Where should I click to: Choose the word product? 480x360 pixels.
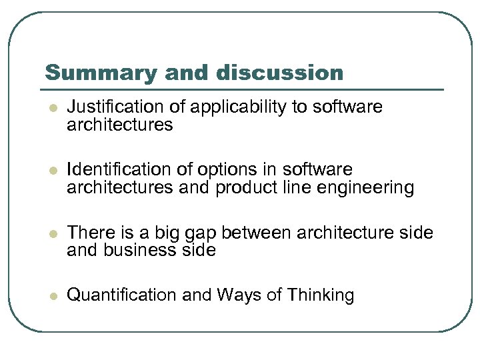click(246, 188)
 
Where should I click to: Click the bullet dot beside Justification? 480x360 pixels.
click(52, 107)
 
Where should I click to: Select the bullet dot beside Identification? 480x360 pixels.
click(52, 170)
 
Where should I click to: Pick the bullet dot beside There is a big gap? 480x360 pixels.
click(52, 233)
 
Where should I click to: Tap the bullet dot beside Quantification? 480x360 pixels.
click(52, 295)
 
